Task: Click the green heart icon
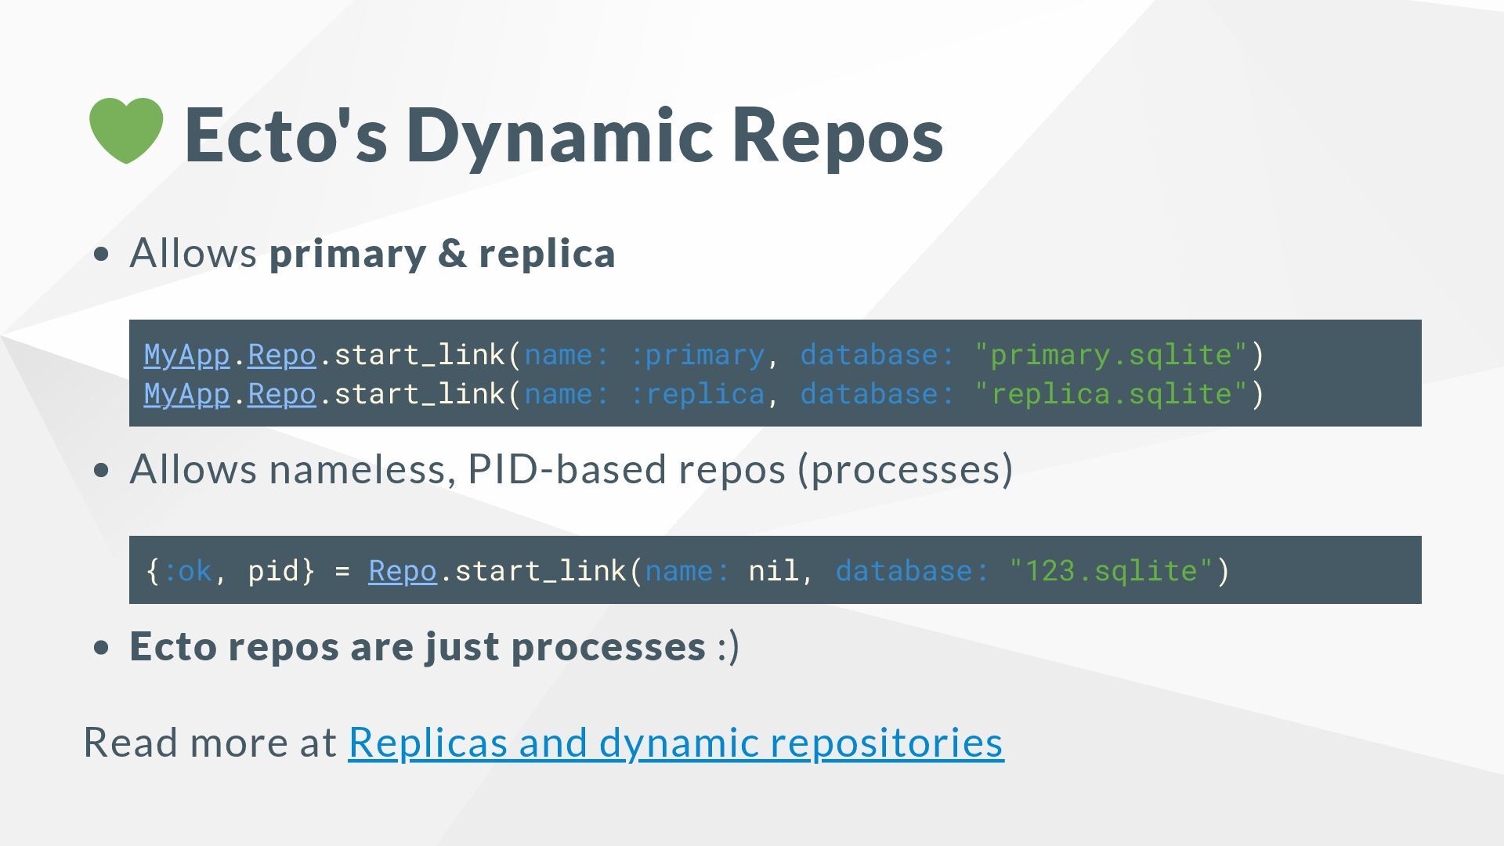(x=126, y=130)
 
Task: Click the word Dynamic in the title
(x=559, y=136)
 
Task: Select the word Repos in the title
(x=838, y=136)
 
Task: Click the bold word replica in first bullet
(x=547, y=253)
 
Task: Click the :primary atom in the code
(x=697, y=355)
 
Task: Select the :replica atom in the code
(x=697, y=394)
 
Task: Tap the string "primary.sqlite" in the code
(x=1111, y=355)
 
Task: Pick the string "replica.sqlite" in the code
(x=1111, y=394)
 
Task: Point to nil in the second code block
(x=773, y=570)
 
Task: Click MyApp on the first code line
(x=186, y=355)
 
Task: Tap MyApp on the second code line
(x=186, y=394)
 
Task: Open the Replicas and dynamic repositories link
(x=675, y=742)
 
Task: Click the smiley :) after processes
(x=728, y=647)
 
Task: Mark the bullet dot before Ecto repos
(x=101, y=648)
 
